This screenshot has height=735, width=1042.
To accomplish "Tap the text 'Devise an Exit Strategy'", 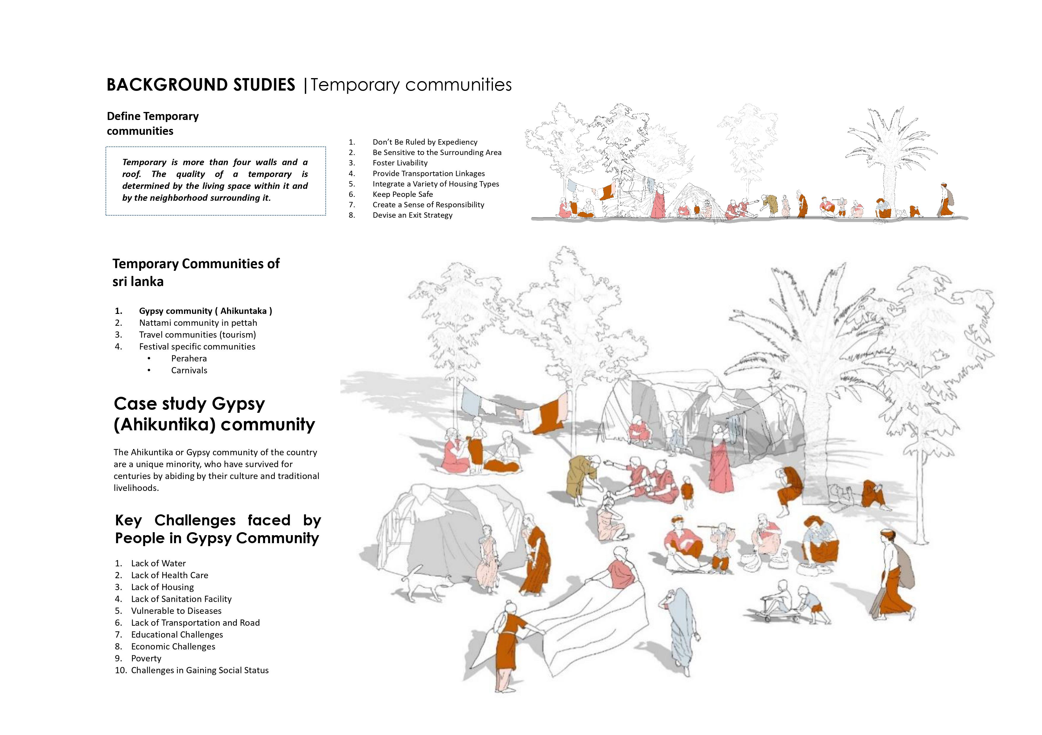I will pos(413,215).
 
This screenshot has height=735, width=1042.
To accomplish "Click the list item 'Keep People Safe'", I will pos(402,194).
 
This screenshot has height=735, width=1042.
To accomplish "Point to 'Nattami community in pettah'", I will pos(198,323).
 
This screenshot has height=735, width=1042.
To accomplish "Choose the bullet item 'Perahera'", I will pos(189,358).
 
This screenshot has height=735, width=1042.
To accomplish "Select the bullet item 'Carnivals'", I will pos(189,370).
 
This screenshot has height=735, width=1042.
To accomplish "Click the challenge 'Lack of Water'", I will pos(158,563).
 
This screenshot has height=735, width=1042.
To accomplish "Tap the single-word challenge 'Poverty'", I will pos(146,658).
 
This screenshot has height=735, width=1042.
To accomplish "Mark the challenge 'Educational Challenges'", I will pos(177,635).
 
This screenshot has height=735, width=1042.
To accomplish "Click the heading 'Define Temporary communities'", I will pos(153,124).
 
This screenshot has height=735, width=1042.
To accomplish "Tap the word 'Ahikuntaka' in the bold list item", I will pos(243,311).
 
